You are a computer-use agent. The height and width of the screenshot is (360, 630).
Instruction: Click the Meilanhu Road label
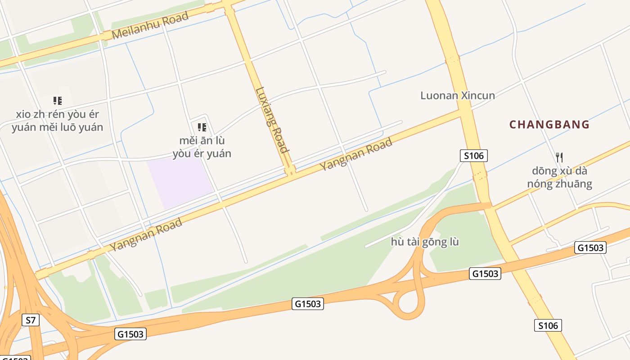150,26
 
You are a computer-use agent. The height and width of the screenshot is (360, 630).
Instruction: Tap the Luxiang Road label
271,120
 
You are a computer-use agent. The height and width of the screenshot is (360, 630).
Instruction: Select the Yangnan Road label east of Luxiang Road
356,154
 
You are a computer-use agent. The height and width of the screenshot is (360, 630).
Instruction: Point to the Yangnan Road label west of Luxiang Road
146,234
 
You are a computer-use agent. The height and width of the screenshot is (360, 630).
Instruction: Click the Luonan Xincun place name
457,95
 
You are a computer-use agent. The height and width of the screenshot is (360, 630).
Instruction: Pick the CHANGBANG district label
549,124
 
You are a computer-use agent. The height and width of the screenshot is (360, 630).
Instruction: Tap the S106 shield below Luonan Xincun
473,156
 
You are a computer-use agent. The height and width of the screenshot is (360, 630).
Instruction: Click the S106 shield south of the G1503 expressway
548,325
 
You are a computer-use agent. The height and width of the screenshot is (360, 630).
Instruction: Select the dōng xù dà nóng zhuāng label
559,177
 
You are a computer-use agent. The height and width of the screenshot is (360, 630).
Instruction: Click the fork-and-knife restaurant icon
559,157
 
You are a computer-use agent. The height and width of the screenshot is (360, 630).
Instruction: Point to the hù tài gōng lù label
425,242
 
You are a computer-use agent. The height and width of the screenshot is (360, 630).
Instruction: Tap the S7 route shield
30,320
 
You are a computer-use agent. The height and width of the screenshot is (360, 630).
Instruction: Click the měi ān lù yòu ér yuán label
202,147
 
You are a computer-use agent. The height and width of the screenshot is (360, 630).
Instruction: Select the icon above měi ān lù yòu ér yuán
202,127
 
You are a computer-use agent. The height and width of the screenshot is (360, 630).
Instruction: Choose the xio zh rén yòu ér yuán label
57,121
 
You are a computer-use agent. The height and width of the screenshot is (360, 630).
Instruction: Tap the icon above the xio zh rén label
57,100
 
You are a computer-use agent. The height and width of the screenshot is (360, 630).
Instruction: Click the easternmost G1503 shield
590,247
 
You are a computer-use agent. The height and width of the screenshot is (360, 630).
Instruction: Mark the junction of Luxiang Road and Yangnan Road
290,170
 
